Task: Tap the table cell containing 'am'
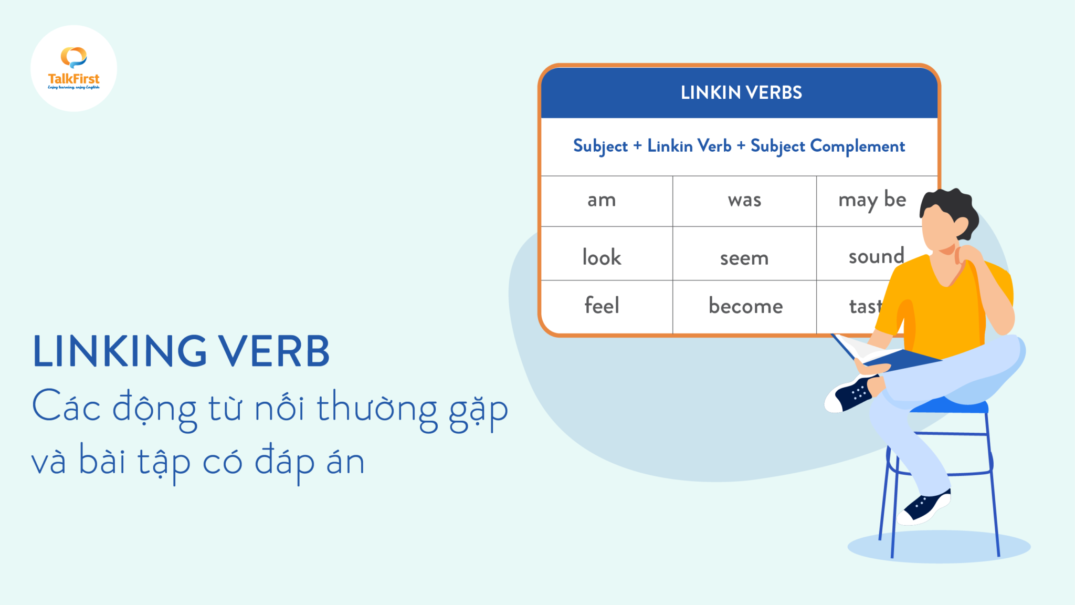pos(602,200)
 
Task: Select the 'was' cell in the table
pos(744,200)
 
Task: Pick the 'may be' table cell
pos(872,200)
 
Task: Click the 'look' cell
pos(602,257)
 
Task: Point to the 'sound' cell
pos(876,256)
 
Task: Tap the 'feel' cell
pos(602,306)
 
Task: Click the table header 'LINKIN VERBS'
pos(741,92)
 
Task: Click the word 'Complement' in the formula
pos(857,146)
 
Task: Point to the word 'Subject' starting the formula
pos(600,146)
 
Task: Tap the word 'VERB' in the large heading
pos(274,351)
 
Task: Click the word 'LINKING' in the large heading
pos(120,351)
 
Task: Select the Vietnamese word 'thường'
pos(377,409)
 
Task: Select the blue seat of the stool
pos(950,406)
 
